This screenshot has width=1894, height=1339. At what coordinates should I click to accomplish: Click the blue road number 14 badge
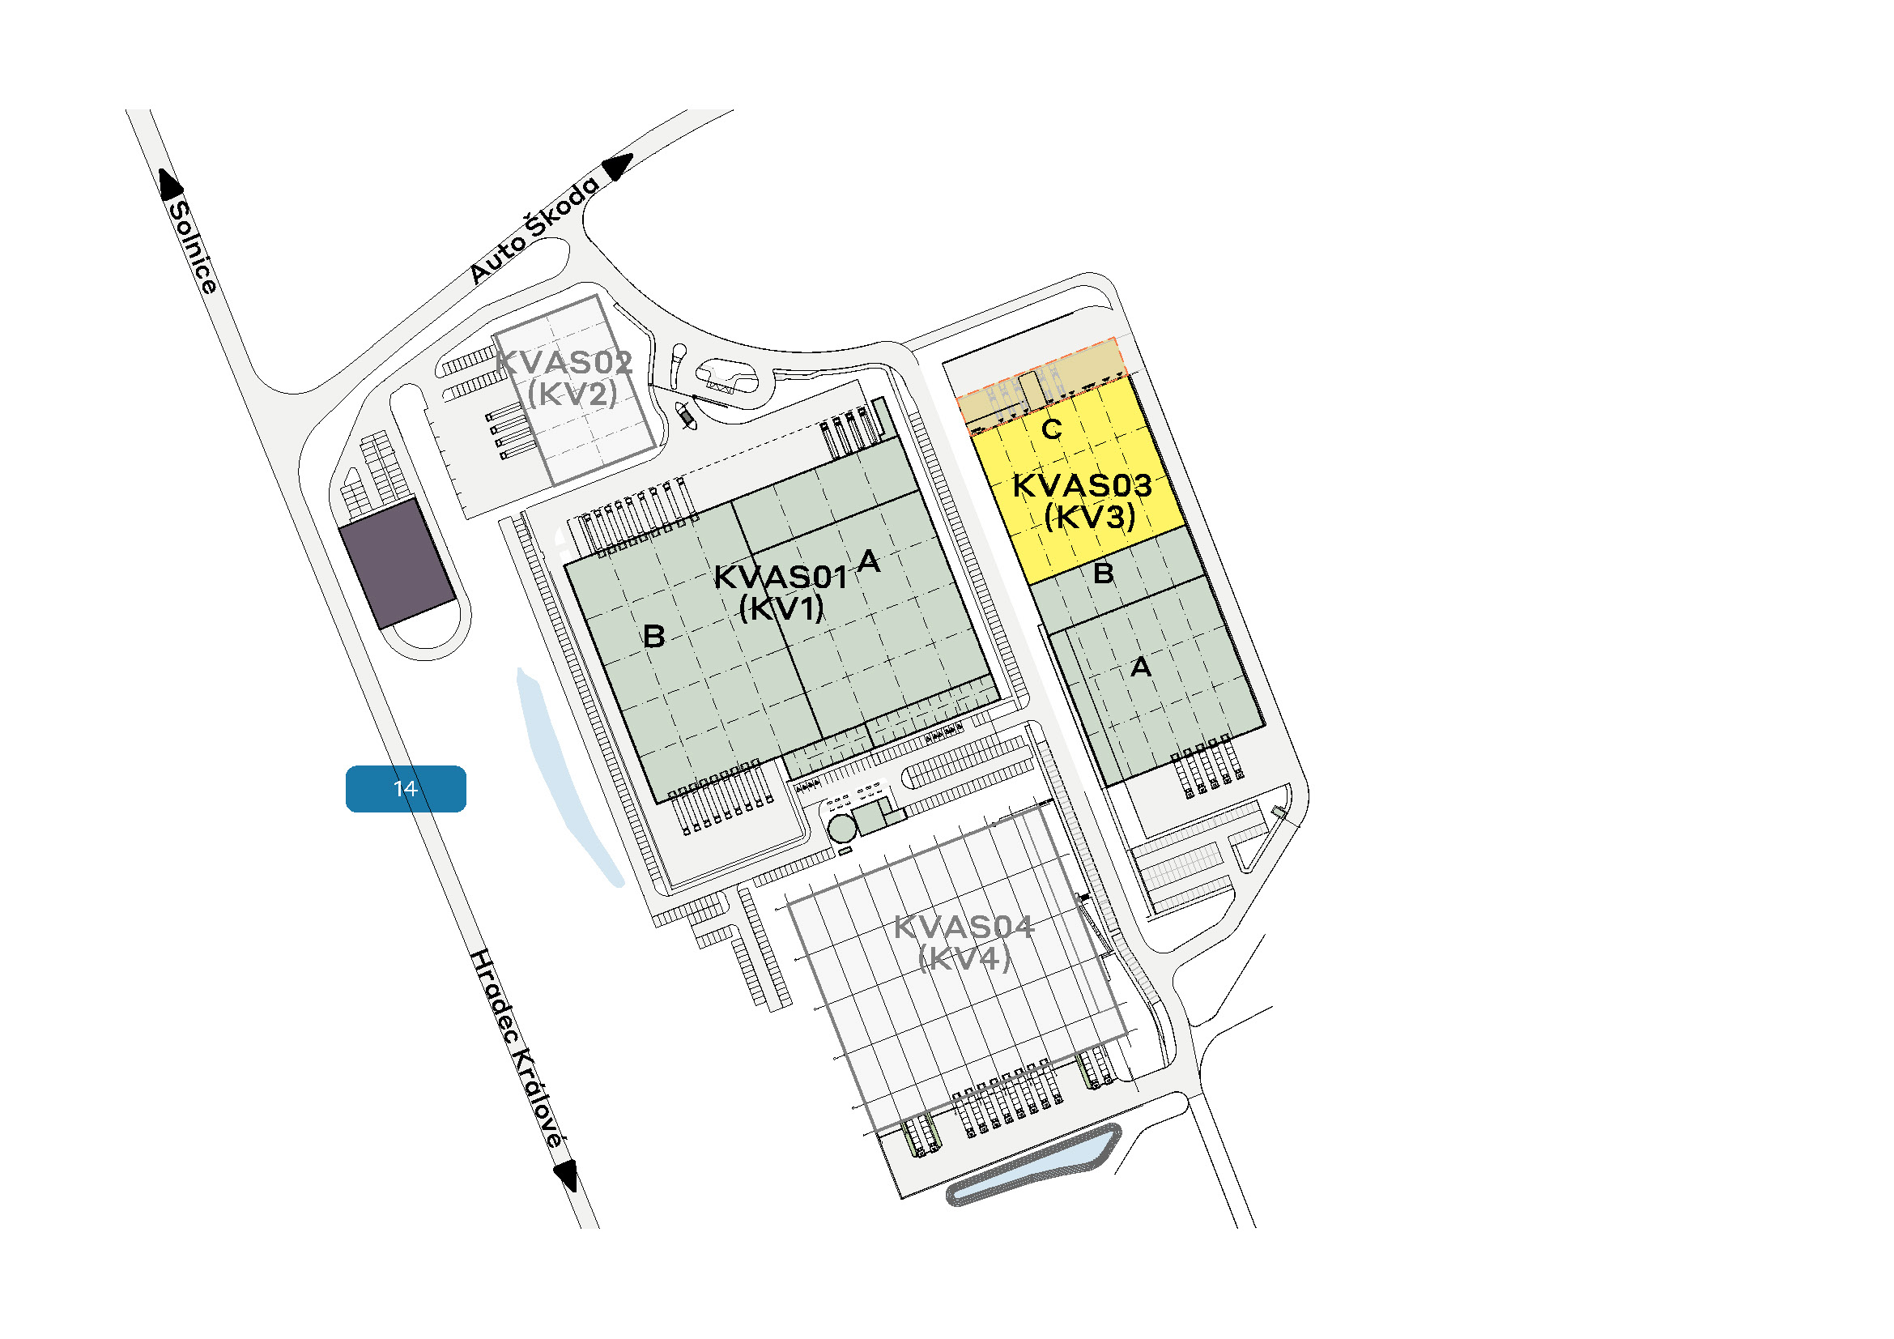(x=405, y=789)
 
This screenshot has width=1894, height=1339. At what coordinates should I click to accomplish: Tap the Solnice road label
(x=193, y=247)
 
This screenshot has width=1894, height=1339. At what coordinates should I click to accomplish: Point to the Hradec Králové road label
(x=518, y=1048)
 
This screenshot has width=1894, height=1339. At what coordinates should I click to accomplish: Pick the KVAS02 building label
(x=564, y=362)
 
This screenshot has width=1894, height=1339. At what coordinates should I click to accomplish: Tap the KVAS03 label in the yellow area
(x=1082, y=486)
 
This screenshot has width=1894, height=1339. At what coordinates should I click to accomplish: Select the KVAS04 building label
(x=964, y=927)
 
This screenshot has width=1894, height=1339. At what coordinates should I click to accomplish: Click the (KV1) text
(x=781, y=609)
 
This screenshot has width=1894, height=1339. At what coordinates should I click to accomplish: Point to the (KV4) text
(x=964, y=958)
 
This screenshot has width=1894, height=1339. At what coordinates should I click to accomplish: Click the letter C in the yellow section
(x=1052, y=429)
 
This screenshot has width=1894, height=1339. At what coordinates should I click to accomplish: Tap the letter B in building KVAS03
(x=1103, y=573)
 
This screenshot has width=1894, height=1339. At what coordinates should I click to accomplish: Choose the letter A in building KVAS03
(x=1141, y=667)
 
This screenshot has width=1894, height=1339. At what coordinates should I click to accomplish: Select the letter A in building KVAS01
(x=868, y=562)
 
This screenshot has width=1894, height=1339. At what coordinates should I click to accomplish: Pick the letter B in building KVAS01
(x=653, y=636)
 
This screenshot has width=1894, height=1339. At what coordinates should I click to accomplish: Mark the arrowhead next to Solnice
(x=170, y=184)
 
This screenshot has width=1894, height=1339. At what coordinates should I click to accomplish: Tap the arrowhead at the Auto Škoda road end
(x=617, y=166)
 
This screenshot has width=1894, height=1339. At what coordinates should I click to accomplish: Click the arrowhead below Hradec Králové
(x=566, y=1175)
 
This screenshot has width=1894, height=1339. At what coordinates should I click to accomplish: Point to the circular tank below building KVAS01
(x=842, y=829)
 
